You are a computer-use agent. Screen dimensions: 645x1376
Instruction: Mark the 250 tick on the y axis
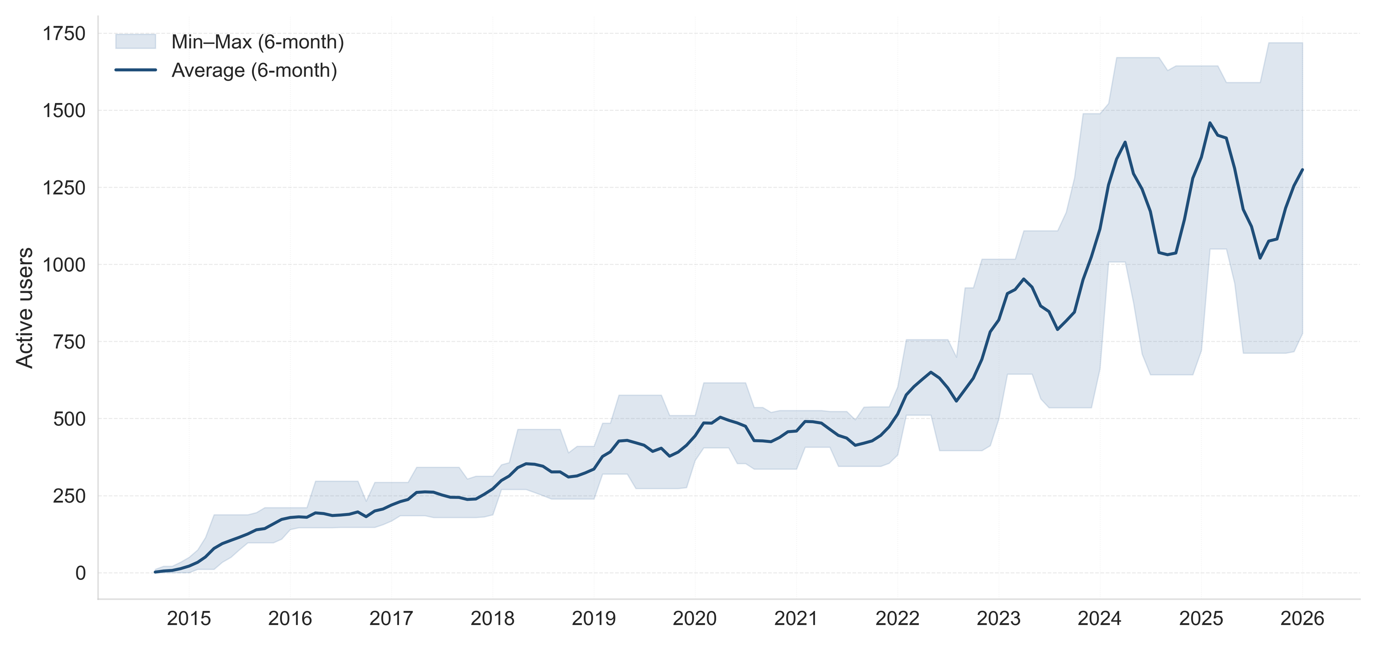[x=69, y=496]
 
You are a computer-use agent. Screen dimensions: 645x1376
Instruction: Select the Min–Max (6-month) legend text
[x=257, y=42]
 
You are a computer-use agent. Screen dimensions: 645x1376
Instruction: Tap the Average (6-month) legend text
[x=254, y=70]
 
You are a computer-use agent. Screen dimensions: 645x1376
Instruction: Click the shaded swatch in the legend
[x=136, y=42]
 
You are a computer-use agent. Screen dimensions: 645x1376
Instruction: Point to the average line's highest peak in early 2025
[x=1210, y=123]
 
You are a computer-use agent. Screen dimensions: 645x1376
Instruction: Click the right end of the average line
[x=1302, y=170]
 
